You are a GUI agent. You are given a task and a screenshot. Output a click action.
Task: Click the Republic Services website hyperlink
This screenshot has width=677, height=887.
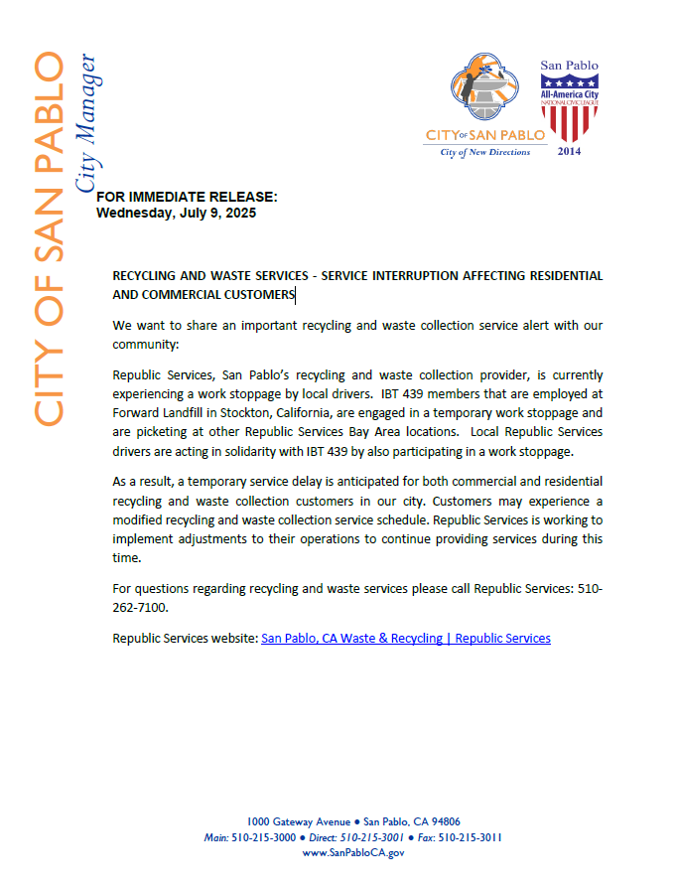point(405,638)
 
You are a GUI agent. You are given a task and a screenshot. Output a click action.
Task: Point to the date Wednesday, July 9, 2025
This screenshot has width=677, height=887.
point(176,213)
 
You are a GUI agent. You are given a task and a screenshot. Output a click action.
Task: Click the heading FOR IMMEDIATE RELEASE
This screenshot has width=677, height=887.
point(187,197)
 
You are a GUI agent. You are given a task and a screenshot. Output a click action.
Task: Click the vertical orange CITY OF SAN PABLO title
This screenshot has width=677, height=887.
point(49,238)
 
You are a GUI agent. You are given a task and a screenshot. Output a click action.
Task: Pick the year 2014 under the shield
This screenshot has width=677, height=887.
point(569,151)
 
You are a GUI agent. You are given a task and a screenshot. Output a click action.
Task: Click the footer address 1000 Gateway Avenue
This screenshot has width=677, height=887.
point(298,821)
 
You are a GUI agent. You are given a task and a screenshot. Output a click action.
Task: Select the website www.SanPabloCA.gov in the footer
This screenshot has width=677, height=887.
point(353,853)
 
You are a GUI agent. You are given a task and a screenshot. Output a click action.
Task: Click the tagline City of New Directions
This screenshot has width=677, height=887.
point(485,152)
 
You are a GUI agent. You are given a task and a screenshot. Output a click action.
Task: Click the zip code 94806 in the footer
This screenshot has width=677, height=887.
point(441,821)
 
